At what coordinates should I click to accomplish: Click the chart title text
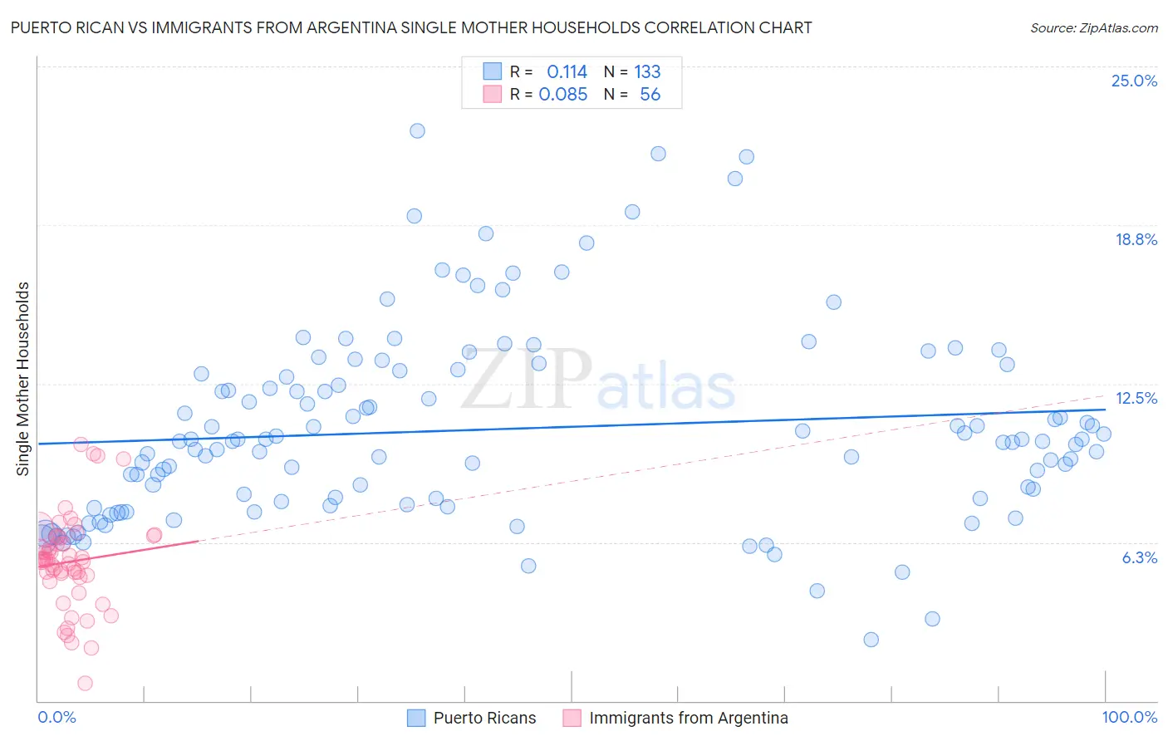410,27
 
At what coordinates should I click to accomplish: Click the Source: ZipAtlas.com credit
1093,27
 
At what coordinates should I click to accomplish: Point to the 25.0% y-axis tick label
1134,81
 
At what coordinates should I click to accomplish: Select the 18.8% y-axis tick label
1136,239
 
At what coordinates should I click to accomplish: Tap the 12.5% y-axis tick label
1136,398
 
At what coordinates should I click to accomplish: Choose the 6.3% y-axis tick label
1139,557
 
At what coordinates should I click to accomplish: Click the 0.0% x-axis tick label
56,717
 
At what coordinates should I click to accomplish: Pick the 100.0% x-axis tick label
1129,717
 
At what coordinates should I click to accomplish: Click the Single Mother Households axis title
23,379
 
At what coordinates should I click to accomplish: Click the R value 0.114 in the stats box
567,72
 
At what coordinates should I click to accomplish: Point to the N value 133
647,72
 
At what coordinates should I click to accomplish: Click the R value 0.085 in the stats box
563,95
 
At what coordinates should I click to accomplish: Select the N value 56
650,95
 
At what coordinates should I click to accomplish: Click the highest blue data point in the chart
417,130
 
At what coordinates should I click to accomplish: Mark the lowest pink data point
85,683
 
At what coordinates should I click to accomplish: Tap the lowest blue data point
871,640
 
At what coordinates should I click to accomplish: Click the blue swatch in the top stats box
493,71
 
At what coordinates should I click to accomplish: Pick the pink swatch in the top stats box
493,94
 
